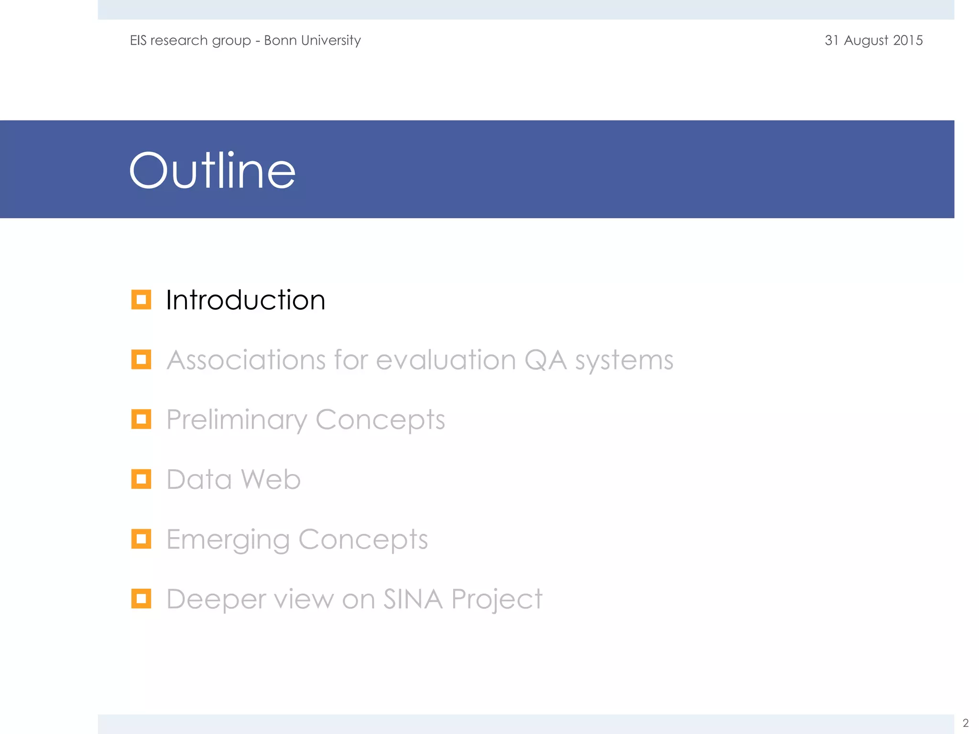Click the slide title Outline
click(x=212, y=171)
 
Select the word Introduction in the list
click(x=245, y=300)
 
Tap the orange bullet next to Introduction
click(x=141, y=300)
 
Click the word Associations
click(x=246, y=360)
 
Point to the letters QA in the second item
click(x=545, y=360)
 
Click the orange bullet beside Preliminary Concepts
click(x=141, y=419)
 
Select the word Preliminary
click(x=236, y=420)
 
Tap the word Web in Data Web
click(x=271, y=479)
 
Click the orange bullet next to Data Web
click(x=141, y=479)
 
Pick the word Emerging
click(x=228, y=540)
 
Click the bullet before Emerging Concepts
click(x=141, y=539)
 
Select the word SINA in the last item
click(x=413, y=599)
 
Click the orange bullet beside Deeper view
click(x=141, y=599)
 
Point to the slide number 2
click(x=965, y=723)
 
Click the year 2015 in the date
click(x=908, y=40)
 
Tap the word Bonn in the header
click(x=280, y=40)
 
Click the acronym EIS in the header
click(x=138, y=40)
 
